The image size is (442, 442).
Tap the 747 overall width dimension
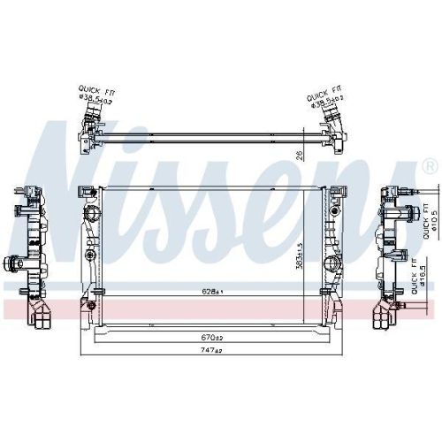(210, 349)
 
